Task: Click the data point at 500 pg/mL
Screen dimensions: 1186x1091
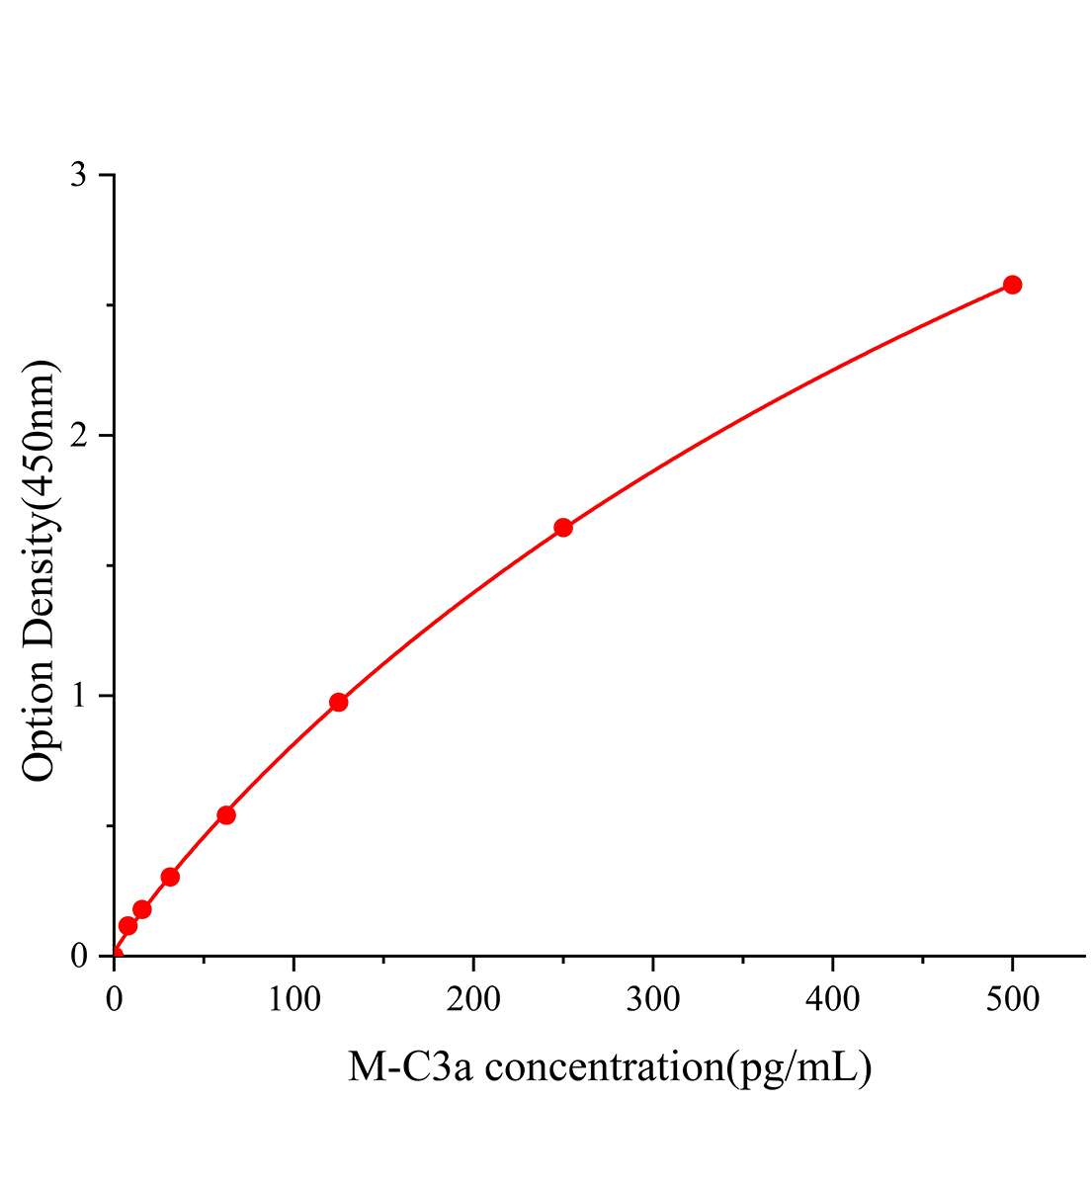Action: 1012,285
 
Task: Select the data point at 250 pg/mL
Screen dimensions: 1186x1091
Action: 563,528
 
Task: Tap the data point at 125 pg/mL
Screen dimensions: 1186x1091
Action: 338,702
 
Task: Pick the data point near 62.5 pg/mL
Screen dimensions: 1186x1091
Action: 226,815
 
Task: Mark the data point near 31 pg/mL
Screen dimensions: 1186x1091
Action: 170,877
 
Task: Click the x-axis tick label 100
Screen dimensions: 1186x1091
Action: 294,999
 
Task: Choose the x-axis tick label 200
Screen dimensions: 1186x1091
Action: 473,999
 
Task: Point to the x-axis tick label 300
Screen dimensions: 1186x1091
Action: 653,999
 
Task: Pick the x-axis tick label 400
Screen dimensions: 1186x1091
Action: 833,999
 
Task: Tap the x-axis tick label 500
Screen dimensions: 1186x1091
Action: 1012,999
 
